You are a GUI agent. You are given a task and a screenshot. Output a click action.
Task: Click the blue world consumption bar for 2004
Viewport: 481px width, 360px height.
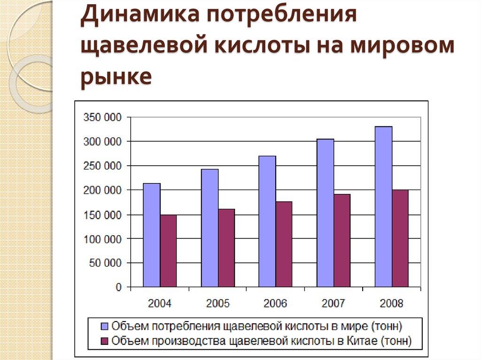[x=152, y=235]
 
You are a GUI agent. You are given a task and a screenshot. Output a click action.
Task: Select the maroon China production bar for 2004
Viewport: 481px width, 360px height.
[x=168, y=251]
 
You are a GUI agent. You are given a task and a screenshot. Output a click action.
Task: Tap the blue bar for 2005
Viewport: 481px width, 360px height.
[x=209, y=228]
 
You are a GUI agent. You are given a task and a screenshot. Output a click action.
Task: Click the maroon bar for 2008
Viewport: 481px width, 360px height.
[x=400, y=238]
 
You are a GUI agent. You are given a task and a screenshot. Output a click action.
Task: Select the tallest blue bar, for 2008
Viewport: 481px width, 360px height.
[x=383, y=207]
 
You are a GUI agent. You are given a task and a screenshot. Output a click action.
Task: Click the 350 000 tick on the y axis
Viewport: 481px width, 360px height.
[x=102, y=117]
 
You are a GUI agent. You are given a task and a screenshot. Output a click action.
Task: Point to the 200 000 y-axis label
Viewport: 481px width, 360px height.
[x=102, y=190]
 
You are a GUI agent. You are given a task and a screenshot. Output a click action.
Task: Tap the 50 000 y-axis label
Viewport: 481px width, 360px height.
[x=105, y=263]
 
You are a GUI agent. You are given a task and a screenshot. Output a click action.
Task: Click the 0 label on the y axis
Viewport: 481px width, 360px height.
[x=118, y=287]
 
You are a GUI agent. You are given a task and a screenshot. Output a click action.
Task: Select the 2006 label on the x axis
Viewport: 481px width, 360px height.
[x=275, y=303]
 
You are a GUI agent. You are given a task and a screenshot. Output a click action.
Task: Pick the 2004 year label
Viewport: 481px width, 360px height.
[x=160, y=303]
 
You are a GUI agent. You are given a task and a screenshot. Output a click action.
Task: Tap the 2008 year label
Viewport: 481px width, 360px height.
[x=391, y=303]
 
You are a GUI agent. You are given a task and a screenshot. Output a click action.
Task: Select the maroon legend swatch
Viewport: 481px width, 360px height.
[x=105, y=341]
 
